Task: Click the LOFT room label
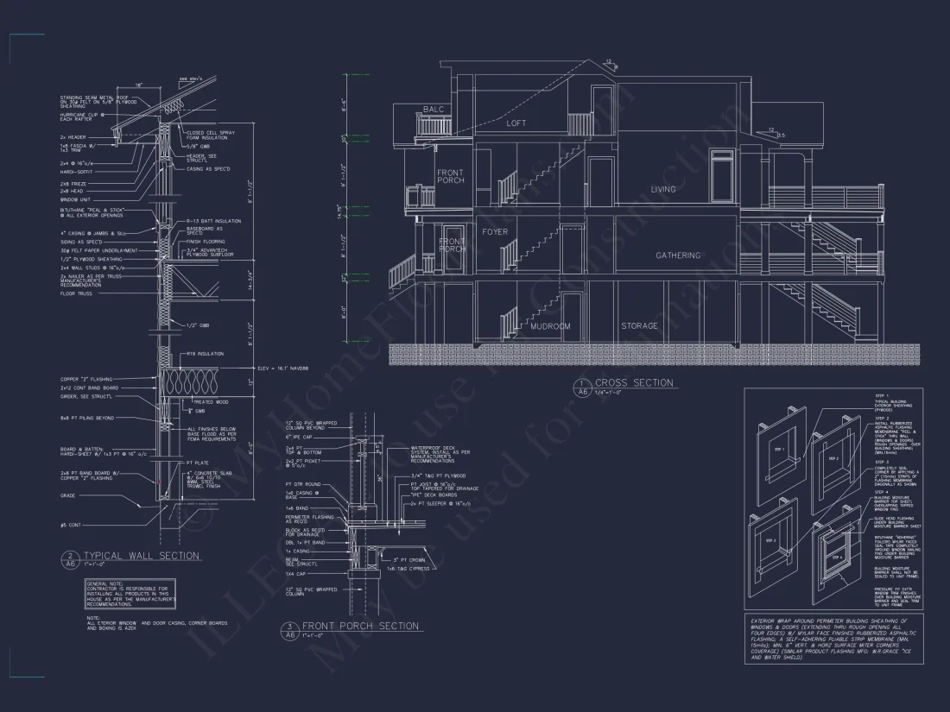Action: coord(516,123)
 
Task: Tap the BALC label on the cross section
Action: coord(433,110)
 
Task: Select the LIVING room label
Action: coord(663,189)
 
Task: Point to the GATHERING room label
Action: coord(678,255)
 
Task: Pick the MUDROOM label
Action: coord(551,326)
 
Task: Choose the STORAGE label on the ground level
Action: coord(639,326)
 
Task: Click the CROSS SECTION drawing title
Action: coord(634,382)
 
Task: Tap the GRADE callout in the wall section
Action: coord(67,495)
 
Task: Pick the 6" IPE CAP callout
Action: coord(299,438)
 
